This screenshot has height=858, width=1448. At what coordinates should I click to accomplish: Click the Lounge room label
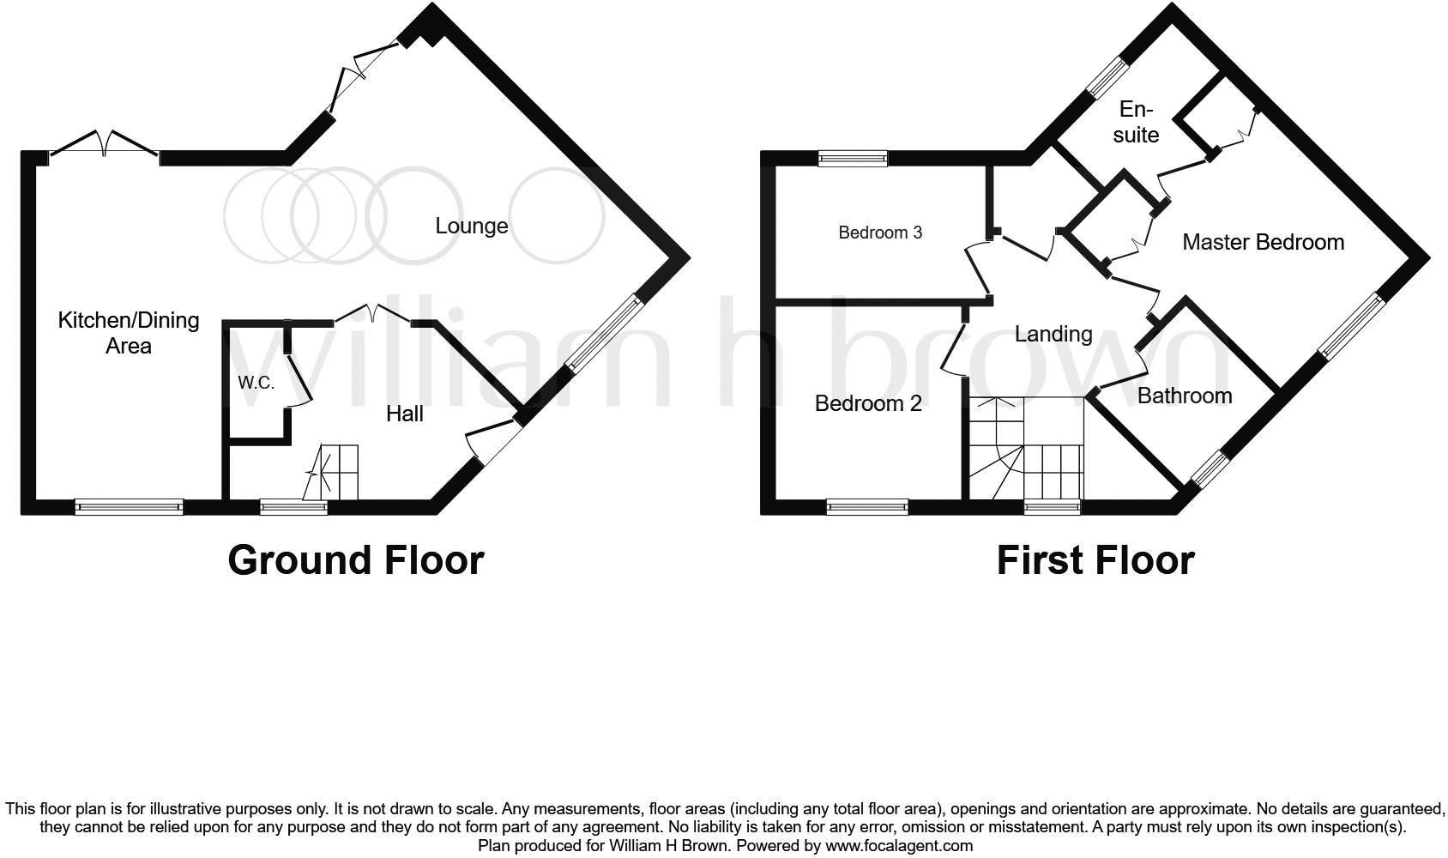click(471, 226)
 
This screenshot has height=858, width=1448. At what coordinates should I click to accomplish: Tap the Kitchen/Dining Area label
click(129, 333)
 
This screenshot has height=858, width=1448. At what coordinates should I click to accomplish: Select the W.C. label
click(256, 383)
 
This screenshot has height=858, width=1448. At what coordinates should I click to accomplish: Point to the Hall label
click(404, 414)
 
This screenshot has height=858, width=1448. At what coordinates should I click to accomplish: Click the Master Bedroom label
click(1263, 242)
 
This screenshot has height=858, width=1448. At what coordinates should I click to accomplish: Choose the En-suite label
click(1136, 122)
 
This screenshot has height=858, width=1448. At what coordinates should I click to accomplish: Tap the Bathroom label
click(1184, 396)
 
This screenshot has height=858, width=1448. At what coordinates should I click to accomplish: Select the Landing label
click(1053, 334)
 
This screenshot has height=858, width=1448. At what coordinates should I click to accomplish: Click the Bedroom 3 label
click(880, 233)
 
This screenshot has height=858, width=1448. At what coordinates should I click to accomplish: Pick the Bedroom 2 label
click(868, 403)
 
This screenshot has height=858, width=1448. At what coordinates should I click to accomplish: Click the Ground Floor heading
click(356, 560)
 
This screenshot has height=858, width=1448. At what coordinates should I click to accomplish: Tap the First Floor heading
click(1095, 560)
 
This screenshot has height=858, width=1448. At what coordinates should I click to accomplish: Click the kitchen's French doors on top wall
click(104, 146)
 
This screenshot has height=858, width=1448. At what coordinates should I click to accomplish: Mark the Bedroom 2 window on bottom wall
click(867, 507)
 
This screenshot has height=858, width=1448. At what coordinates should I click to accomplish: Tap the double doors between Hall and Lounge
click(373, 313)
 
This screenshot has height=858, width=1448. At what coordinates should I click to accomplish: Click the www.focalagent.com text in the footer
click(899, 845)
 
